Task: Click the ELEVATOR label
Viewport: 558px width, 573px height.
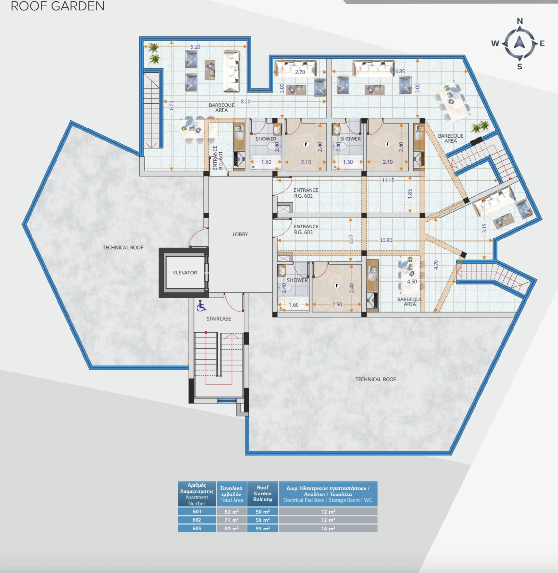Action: point(185,273)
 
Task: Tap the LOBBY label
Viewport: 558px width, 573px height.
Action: point(240,234)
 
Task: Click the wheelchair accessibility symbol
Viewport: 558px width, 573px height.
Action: point(201,306)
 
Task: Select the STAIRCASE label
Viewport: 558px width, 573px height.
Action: point(219,319)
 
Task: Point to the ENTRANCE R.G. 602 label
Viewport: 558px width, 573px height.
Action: point(306,193)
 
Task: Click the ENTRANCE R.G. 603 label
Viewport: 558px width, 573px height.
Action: point(306,229)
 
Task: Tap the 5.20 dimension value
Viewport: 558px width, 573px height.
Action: point(195,47)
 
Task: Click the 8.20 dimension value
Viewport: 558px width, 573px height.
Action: point(246,102)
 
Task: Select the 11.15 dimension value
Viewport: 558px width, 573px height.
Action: point(388,180)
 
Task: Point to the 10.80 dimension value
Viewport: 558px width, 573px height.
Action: point(386,240)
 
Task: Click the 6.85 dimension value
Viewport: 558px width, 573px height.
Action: point(400,71)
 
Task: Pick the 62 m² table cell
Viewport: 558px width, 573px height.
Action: point(232,512)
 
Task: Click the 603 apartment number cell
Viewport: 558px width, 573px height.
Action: point(197,529)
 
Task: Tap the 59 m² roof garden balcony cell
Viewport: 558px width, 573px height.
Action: point(262,520)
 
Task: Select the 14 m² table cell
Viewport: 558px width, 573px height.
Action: point(328,529)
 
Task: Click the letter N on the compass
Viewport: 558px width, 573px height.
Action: point(520,21)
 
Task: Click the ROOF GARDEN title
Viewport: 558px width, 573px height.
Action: point(57,6)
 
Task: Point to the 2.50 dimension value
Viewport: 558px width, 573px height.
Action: point(337,305)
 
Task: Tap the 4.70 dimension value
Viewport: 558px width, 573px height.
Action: point(436,265)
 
